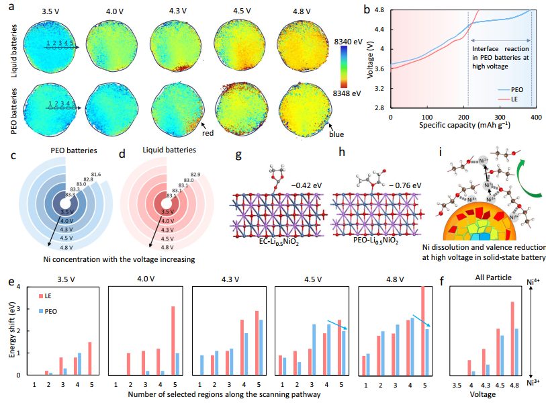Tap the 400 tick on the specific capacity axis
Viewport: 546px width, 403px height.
533,116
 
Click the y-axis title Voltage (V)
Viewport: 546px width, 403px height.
371,58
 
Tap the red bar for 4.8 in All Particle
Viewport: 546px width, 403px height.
512,339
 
